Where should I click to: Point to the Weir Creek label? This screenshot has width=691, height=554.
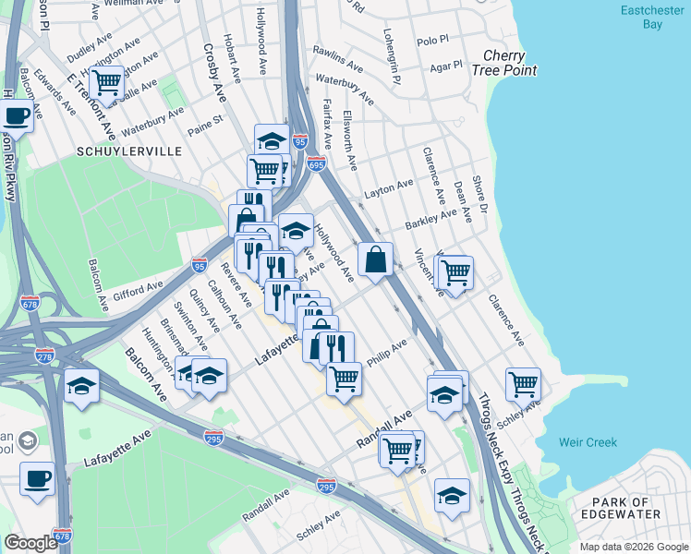588,442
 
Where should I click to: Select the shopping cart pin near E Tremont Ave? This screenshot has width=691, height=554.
107,83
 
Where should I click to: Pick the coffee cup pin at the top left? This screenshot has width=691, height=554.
16,116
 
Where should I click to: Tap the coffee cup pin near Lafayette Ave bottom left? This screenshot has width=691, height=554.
37,478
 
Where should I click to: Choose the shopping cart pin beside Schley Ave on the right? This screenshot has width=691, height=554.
523,383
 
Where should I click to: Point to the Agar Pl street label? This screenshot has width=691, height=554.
445,67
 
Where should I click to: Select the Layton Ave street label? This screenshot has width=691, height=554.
389,187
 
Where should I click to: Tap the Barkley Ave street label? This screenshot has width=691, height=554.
431,219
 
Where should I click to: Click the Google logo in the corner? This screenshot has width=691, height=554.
30,542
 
